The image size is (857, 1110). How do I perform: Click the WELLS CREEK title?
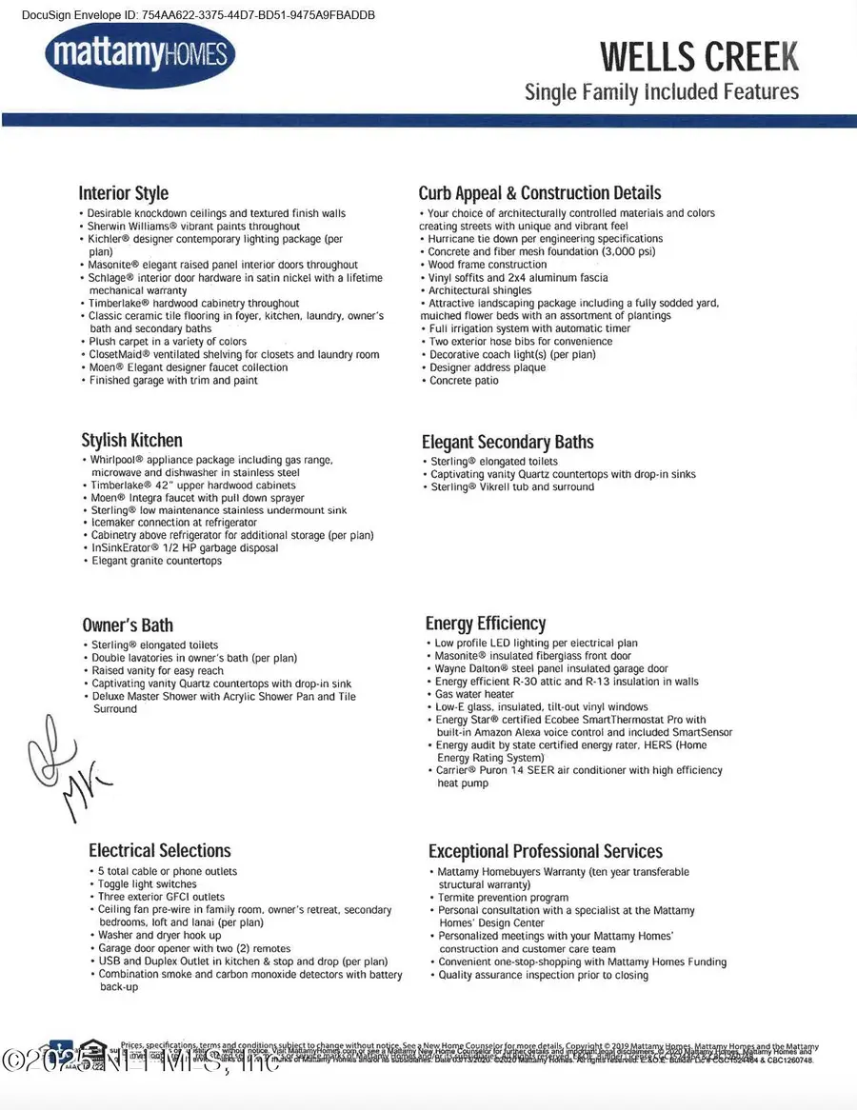tap(699, 56)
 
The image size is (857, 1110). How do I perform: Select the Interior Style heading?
tap(123, 192)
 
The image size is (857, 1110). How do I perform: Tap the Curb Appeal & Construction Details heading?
tap(539, 192)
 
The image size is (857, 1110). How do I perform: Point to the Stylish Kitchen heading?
tap(131, 440)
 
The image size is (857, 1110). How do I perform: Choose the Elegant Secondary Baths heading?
tap(508, 442)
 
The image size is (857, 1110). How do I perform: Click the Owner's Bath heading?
tap(128, 624)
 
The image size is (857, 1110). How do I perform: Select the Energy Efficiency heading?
tap(486, 624)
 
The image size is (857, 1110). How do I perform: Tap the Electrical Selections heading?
tap(160, 850)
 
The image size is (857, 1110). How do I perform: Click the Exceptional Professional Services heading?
tap(546, 851)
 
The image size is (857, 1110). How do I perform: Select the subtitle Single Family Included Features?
tap(662, 92)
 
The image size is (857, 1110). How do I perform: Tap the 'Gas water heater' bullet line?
tap(474, 695)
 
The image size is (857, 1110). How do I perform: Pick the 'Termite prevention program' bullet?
tap(503, 898)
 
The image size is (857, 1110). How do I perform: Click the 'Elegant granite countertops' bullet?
tap(156, 562)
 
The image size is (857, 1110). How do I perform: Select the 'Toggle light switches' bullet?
tap(148, 884)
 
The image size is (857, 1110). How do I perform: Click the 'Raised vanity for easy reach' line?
tap(157, 671)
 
